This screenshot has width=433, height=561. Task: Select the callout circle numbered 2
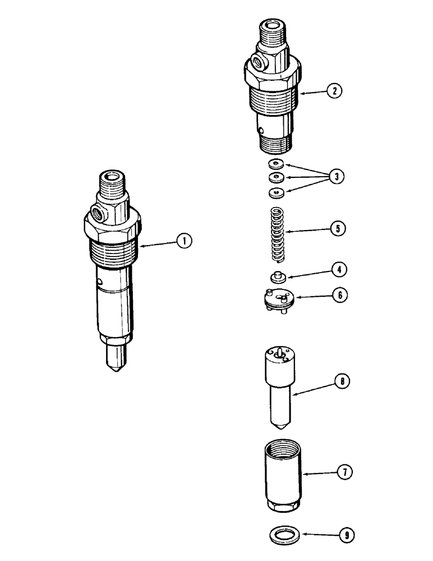(x=335, y=90)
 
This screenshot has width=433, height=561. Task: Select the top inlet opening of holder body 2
(x=274, y=25)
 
